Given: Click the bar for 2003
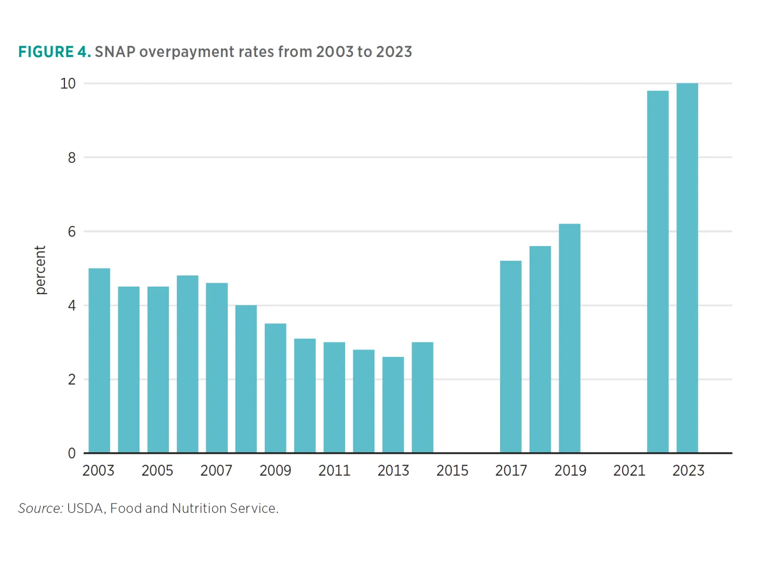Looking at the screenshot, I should pos(99,361).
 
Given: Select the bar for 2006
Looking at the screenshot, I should pos(187,364).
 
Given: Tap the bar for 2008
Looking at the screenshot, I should pos(246,379).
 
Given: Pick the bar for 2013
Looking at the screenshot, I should pos(393,405).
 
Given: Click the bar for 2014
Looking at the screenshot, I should pos(422,397).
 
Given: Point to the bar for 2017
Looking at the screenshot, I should pos(511,357).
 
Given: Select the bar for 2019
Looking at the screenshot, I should pos(569,338).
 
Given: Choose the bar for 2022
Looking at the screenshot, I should pos(658,272).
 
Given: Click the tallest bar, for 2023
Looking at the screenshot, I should pos(687,268).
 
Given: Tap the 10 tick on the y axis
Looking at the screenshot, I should pos(68,84).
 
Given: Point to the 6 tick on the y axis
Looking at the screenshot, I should pos(71,232).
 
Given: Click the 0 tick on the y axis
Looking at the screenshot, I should pos(71,453).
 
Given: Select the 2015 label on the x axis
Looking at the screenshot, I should pos(452,471).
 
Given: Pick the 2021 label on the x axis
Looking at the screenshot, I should pos(629,471).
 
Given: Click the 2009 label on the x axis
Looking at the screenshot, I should pos(275,471).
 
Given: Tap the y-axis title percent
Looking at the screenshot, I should pos(40,270).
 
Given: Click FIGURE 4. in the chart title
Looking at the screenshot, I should pos(54,52).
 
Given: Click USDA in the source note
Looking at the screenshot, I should pos(85,509).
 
